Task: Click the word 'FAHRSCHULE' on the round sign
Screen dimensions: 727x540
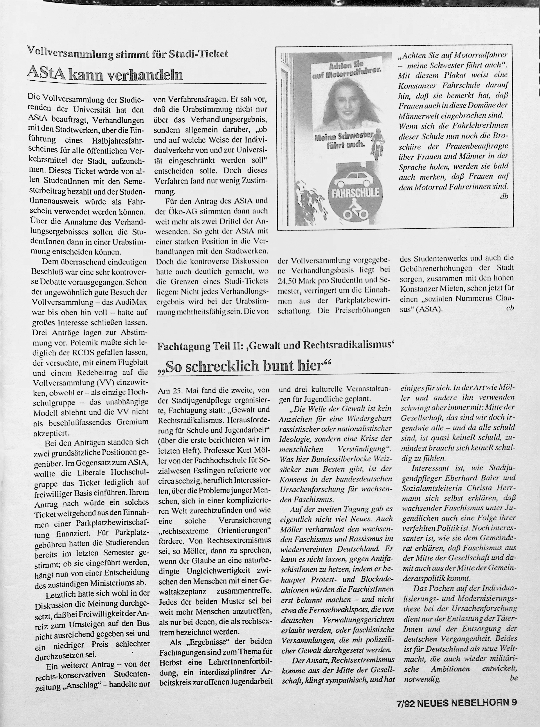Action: (x=355, y=192)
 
